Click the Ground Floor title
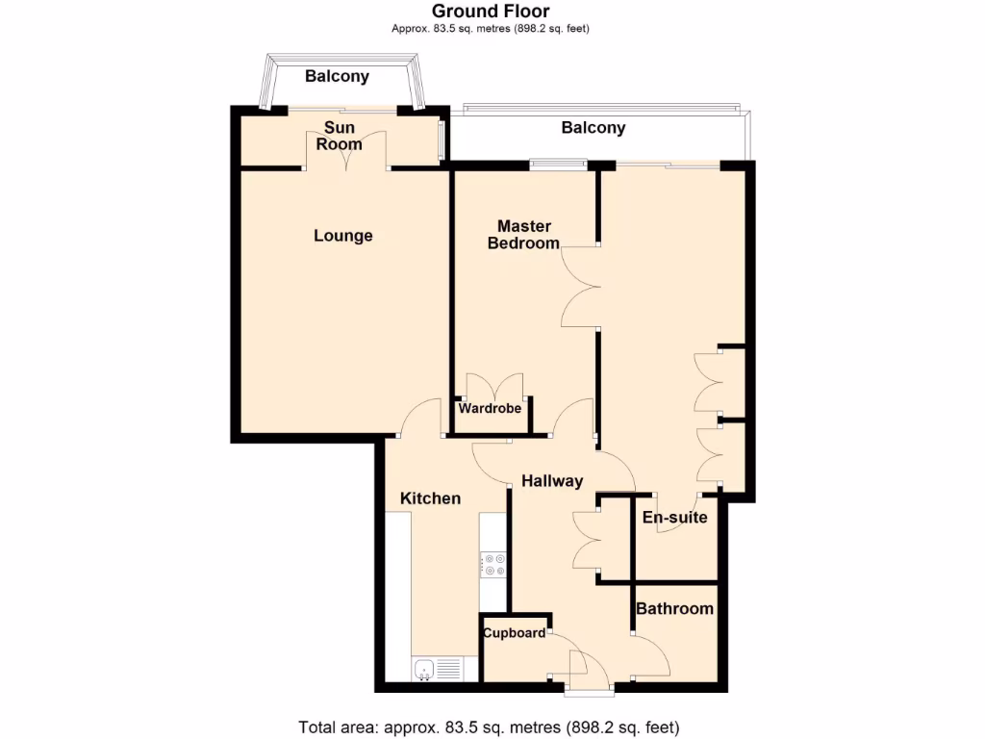[491, 12]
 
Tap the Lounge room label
[343, 236]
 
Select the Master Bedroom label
[523, 235]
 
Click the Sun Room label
[340, 136]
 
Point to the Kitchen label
[430, 498]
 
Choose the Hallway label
[552, 481]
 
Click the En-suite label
[674, 518]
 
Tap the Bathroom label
[674, 608]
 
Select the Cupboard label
[514, 633]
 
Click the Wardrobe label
[490, 409]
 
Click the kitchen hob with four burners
[494, 564]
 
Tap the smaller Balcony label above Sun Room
[337, 77]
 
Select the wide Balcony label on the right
[594, 128]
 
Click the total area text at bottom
[491, 726]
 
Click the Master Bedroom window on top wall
[558, 164]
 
